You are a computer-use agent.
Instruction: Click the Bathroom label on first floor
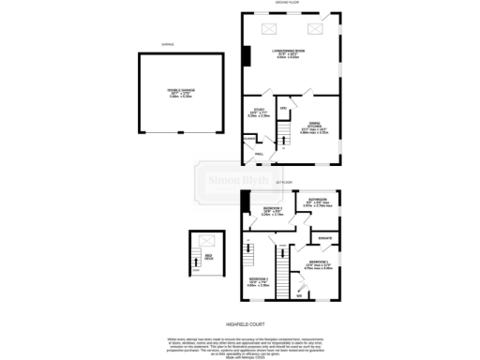pos(317,200)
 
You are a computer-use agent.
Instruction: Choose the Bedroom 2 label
pos(271,208)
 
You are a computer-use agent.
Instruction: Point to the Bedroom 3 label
pos(258,280)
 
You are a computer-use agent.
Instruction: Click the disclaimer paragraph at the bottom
pos(240,341)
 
